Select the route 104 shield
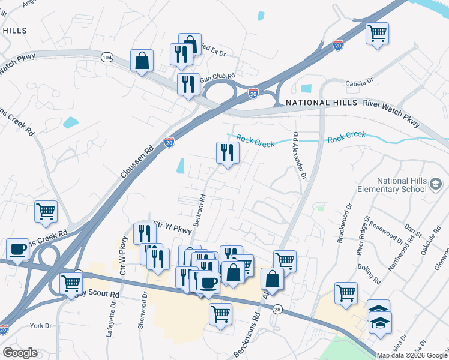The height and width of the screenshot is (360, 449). tap(107, 58)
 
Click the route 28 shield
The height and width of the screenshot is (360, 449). tap(277, 310)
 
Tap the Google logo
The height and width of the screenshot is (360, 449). tap(20, 353)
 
